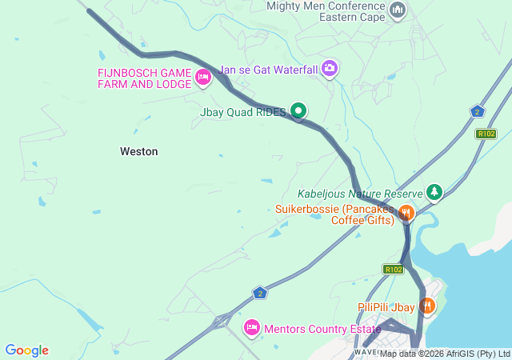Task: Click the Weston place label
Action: tap(138, 151)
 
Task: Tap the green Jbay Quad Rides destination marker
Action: tap(298, 110)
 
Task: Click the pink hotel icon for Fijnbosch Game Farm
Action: tap(203, 77)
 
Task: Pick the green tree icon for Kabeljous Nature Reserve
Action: tap(434, 192)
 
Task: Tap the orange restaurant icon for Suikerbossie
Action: tap(406, 212)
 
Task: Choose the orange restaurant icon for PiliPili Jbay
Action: tap(427, 305)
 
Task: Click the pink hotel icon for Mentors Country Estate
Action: tap(251, 326)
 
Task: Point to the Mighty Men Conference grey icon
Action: tap(398, 10)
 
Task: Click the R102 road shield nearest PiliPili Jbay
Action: tap(393, 270)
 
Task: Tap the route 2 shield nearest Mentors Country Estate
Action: tap(259, 293)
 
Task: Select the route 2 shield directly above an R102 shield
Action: tap(478, 112)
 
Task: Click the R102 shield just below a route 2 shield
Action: tap(486, 134)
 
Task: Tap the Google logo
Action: tap(26, 350)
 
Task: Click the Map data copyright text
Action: tap(444, 354)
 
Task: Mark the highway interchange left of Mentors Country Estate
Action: tap(219, 322)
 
